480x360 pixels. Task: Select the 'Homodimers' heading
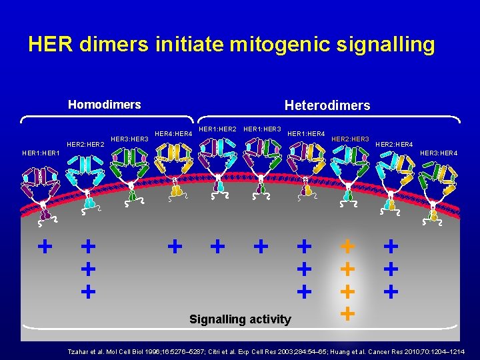[105, 105]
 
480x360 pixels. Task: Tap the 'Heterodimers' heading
[327, 105]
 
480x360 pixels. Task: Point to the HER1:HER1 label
[41, 153]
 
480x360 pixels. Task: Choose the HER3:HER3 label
[129, 139]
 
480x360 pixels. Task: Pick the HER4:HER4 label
[173, 134]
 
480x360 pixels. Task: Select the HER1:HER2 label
[218, 128]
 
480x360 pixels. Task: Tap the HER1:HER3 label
[262, 128]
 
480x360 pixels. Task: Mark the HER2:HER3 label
[350, 139]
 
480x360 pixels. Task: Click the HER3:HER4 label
[439, 153]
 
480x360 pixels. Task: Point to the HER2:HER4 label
[394, 145]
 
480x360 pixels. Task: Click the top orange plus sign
[347, 246]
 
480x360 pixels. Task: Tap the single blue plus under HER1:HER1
[45, 247]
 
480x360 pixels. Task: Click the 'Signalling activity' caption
[240, 319]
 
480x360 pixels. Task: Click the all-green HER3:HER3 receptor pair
[131, 170]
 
